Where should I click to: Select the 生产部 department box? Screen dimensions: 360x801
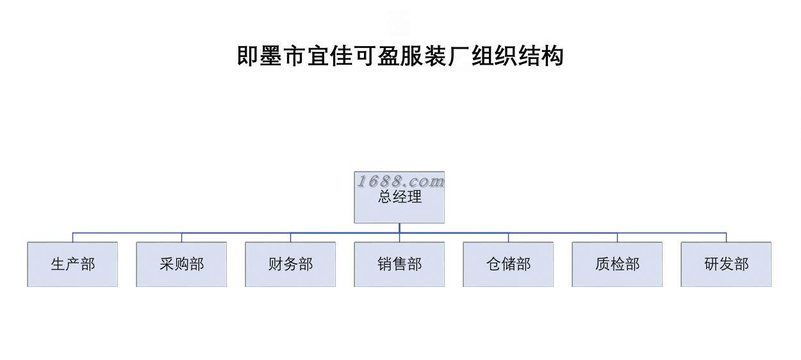tap(72, 264)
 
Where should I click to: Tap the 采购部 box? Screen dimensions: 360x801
tap(181, 264)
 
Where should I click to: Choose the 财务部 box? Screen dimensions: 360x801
tap(290, 264)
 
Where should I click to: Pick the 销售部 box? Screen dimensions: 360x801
tap(399, 264)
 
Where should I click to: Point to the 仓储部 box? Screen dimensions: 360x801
tap(508, 264)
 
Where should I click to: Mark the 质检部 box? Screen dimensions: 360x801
tap(617, 264)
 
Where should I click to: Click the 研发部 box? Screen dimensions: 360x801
tap(726, 264)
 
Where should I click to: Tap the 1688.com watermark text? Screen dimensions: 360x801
tap(400, 181)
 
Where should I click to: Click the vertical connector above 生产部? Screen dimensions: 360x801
tap(72, 237)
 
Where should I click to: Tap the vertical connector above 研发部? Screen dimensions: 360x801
tap(726, 237)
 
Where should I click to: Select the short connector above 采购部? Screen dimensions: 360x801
tap(181, 237)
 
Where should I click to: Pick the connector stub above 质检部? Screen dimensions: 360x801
tap(617, 237)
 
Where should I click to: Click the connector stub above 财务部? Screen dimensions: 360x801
tap(290, 237)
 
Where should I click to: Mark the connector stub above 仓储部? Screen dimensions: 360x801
tap(508, 237)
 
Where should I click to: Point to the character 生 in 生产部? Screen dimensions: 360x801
tap(58, 264)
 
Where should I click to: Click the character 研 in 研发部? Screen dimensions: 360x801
tap(712, 264)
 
